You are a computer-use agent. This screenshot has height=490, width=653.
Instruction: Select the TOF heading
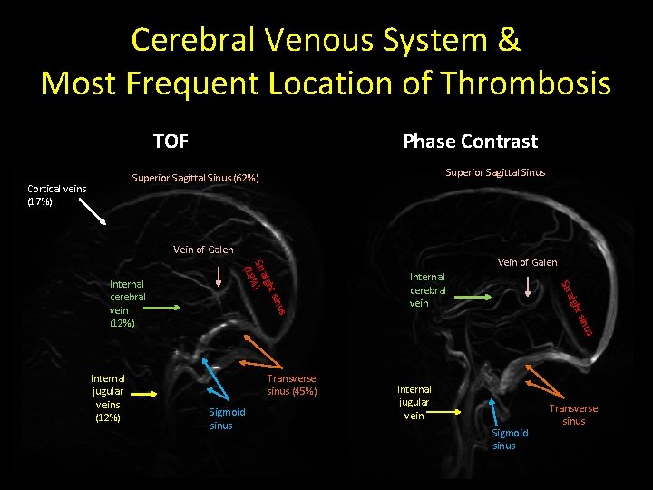pyautogui.click(x=171, y=141)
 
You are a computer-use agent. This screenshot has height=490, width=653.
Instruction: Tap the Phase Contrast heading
pyautogui.click(x=470, y=142)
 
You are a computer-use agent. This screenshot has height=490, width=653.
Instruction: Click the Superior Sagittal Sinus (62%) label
pyautogui.click(x=196, y=178)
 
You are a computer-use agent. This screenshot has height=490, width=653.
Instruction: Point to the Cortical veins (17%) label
pyautogui.click(x=56, y=195)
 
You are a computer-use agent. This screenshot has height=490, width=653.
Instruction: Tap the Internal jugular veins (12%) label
pyautogui.click(x=107, y=397)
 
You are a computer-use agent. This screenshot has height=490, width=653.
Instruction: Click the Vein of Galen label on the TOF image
pyautogui.click(x=203, y=250)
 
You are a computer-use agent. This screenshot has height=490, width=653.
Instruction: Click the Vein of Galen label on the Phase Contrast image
pyautogui.click(x=528, y=262)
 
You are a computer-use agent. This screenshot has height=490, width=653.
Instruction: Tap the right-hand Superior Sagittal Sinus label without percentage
pyautogui.click(x=495, y=172)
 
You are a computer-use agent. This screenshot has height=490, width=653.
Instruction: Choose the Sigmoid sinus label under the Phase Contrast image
pyautogui.click(x=510, y=439)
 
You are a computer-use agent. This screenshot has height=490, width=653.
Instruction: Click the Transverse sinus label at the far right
pyautogui.click(x=573, y=415)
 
